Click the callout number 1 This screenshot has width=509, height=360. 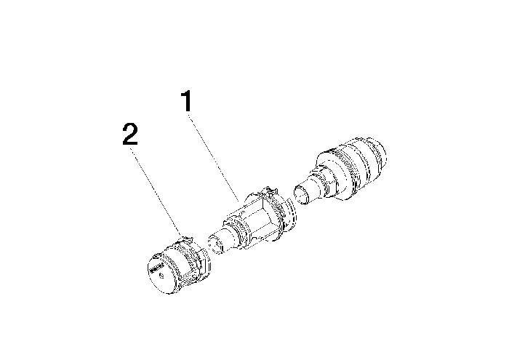coord(188,101)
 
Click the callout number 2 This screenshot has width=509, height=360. coord(130,134)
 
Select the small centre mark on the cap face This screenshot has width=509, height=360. coord(161,276)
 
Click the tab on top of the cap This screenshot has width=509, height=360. coord(186,240)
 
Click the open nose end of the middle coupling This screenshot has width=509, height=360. coord(215,244)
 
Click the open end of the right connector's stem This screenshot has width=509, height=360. coord(301,194)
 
